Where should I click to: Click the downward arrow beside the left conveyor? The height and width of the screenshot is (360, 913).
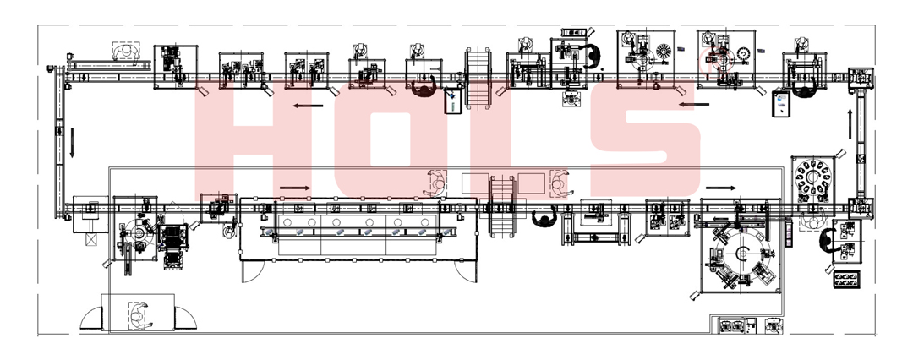point(72,143)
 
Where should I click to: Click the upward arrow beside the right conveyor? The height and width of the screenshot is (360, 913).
point(850,123)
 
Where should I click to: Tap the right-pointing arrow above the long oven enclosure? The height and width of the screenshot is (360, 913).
point(295,188)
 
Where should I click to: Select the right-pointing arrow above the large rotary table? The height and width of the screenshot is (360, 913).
point(721,188)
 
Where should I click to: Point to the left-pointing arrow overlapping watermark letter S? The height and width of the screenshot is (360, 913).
point(694,105)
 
